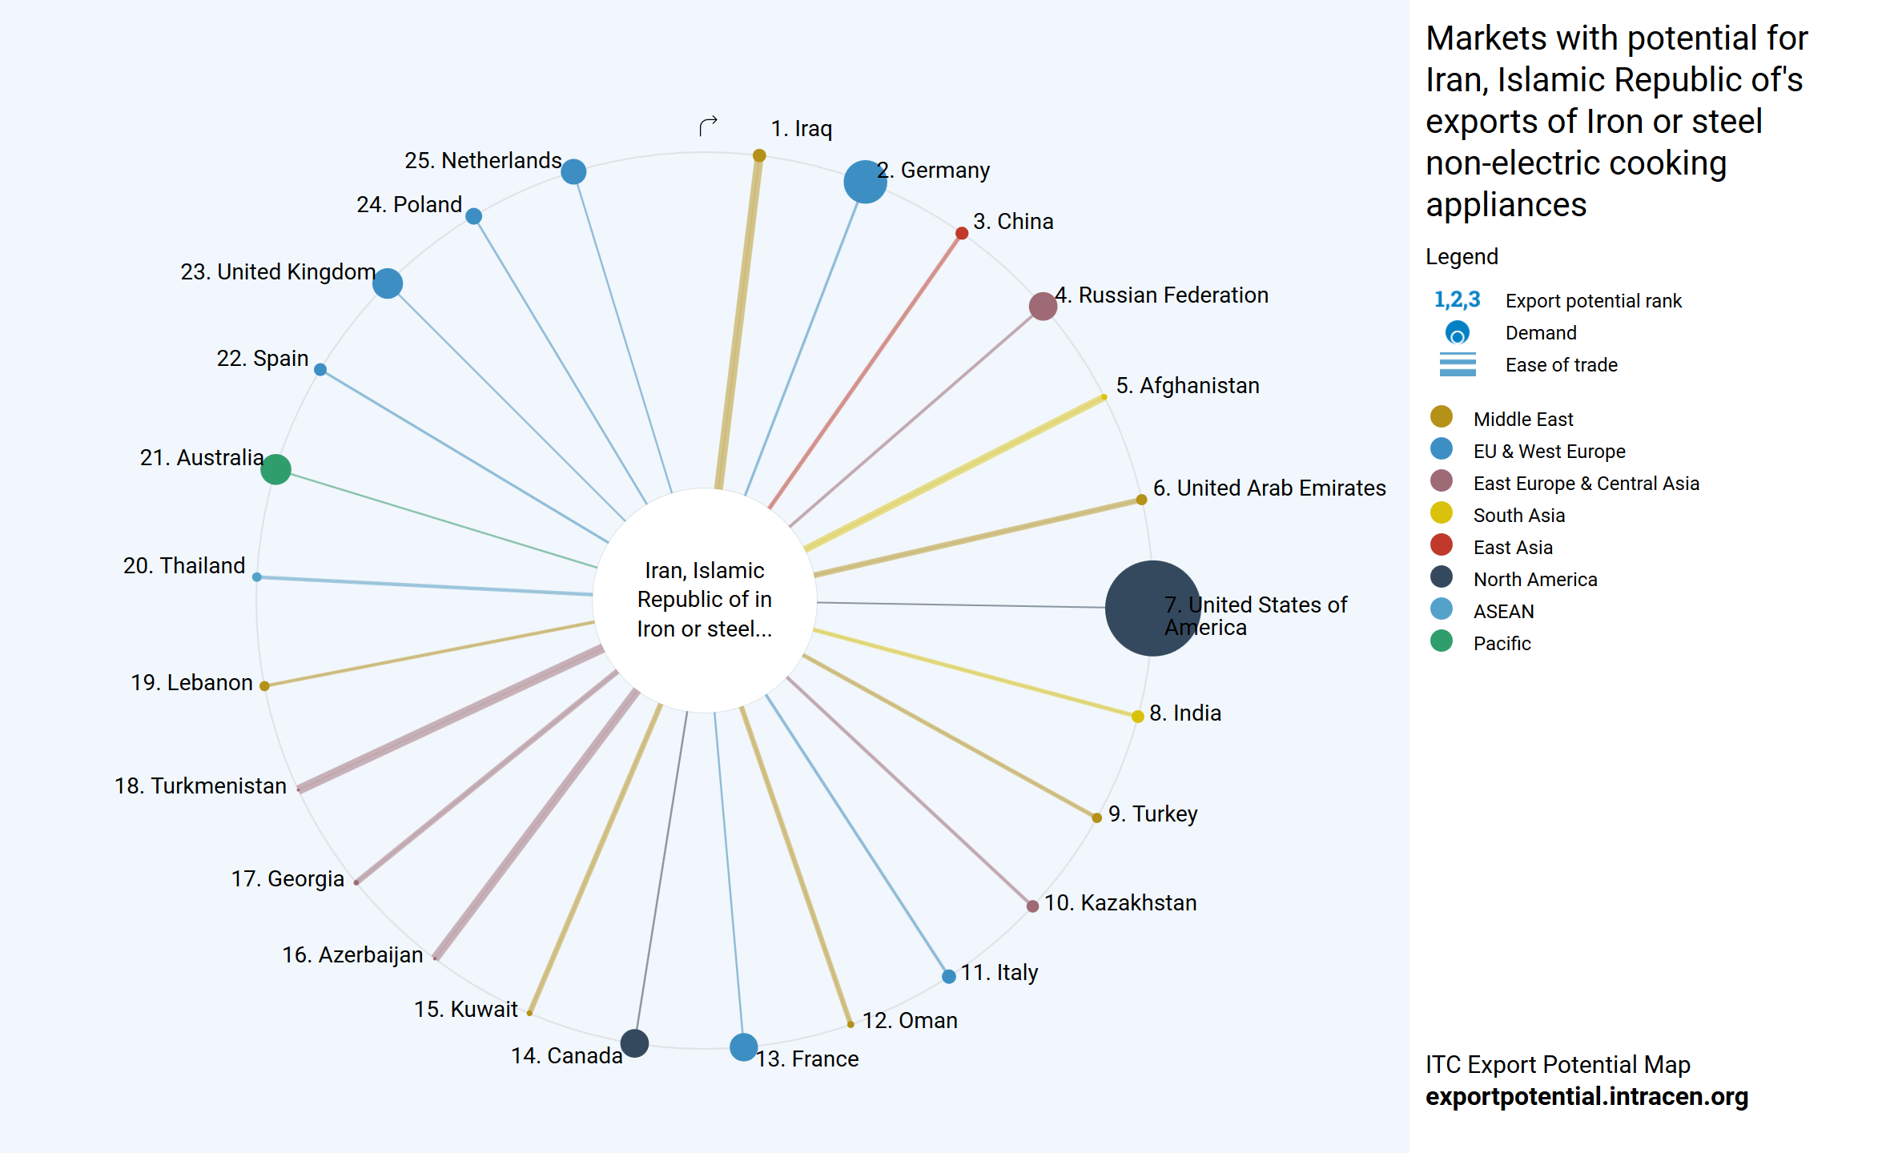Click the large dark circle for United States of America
pos(1152,608)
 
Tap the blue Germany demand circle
pos(865,182)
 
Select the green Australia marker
pos(275,469)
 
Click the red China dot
pos(962,233)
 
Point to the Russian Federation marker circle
pos(1043,306)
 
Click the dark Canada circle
pos(634,1043)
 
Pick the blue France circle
pos(743,1047)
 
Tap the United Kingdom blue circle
pos(388,283)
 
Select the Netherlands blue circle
pos(573,171)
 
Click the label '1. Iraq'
pos(801,129)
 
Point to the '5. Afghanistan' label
pos(1188,386)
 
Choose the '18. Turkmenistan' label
pos(200,786)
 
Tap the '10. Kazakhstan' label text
pos(1120,903)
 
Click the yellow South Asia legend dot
pos(1442,512)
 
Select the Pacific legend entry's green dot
pos(1442,641)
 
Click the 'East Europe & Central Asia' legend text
pos(1586,484)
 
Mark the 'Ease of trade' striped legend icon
pos(1458,364)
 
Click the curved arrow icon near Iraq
pos(708,126)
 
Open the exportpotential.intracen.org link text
pos(1586,1096)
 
